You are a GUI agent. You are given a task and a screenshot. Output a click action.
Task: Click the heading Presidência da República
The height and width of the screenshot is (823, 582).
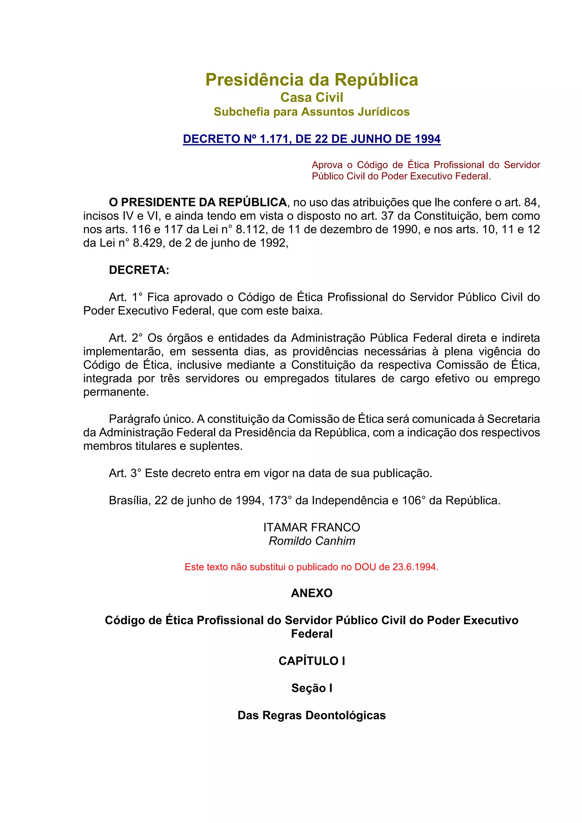tap(311, 80)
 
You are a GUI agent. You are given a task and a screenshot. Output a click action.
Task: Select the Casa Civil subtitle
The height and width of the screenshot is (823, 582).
tap(311, 97)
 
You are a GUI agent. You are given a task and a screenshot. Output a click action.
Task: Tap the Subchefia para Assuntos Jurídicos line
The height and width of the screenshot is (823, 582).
tap(311, 112)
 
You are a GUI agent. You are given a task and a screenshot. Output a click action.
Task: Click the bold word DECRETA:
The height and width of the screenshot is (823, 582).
tap(139, 270)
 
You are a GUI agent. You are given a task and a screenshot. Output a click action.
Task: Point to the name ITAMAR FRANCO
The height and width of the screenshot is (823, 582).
tap(311, 527)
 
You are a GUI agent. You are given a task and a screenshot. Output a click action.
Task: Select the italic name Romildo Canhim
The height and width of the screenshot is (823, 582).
tap(312, 541)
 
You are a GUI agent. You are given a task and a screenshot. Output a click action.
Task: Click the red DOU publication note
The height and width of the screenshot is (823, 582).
tap(311, 567)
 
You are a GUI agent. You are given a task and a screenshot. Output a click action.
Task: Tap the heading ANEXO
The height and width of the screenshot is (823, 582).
tap(311, 593)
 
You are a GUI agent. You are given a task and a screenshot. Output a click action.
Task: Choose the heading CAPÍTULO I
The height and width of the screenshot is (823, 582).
tap(311, 661)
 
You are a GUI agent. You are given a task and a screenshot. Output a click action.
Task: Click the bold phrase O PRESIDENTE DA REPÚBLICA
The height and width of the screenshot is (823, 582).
tap(198, 203)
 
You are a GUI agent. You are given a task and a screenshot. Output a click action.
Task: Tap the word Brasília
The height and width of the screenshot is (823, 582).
tap(130, 500)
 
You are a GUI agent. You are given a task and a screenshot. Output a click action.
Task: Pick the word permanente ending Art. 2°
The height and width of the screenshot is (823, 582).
tap(115, 392)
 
